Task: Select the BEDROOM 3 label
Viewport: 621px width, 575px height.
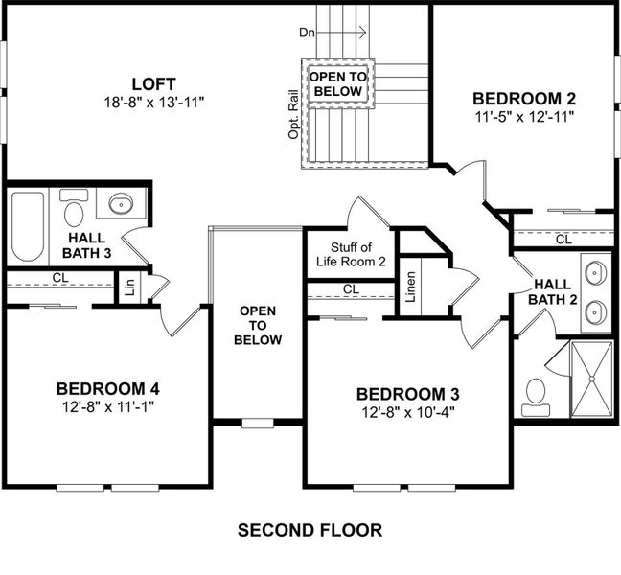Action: pyautogui.click(x=407, y=394)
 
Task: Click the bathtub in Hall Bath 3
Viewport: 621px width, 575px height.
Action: pyautogui.click(x=28, y=226)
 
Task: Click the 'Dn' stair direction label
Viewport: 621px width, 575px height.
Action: pyautogui.click(x=307, y=33)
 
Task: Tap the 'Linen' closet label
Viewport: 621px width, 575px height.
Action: pyautogui.click(x=410, y=287)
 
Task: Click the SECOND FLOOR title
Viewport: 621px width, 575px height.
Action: pyautogui.click(x=310, y=530)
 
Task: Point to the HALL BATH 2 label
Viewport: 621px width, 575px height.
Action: pyautogui.click(x=555, y=291)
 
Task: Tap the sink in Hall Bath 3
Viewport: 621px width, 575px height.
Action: pyautogui.click(x=121, y=204)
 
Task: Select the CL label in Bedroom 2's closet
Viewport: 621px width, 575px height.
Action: pyautogui.click(x=563, y=240)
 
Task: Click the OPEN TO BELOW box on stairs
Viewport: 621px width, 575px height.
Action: pyautogui.click(x=336, y=84)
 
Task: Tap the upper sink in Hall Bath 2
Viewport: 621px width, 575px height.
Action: pyautogui.click(x=595, y=273)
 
